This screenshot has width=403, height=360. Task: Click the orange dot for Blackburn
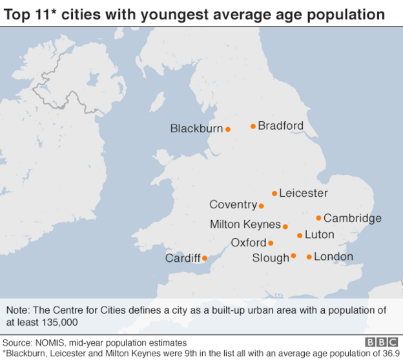[x=228, y=129]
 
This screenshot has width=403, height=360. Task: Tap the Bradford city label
[x=280, y=126]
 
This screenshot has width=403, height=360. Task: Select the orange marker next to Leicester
[x=274, y=193]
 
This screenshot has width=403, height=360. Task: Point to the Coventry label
[x=233, y=205]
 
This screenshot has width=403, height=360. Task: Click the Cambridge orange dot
[x=318, y=218]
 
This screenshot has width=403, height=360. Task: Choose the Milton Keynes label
[x=245, y=225]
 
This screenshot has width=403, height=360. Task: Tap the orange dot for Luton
[x=300, y=235]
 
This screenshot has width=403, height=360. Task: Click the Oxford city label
[x=249, y=243]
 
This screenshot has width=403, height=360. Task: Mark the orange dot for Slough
[x=293, y=256]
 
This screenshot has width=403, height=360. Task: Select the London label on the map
[x=333, y=257]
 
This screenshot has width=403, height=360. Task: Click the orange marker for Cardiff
[x=205, y=259]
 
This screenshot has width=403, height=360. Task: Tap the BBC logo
[x=382, y=342]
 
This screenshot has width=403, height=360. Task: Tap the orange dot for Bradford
[x=253, y=126]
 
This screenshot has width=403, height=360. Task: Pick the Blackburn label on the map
[x=196, y=128]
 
